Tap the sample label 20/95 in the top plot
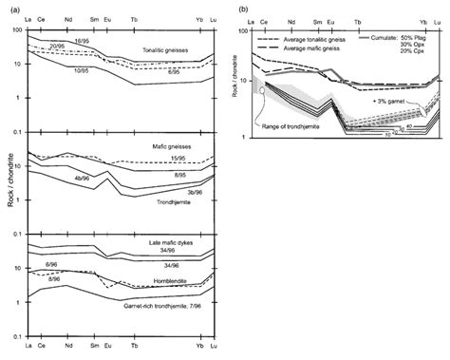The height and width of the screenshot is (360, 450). [58, 46]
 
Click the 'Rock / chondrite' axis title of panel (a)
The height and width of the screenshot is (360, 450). [9, 180]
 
